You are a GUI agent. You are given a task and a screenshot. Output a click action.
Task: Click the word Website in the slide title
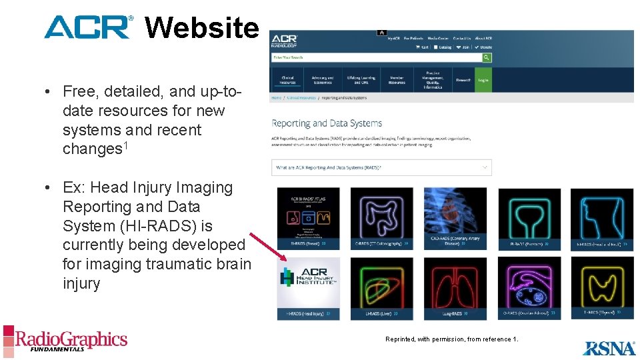(x=201, y=28)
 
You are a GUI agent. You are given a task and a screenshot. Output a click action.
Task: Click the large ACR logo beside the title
(x=89, y=27)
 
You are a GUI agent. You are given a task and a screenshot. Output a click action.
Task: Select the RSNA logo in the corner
(x=609, y=347)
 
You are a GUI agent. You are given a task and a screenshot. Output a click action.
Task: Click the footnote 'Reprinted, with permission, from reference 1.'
(x=451, y=339)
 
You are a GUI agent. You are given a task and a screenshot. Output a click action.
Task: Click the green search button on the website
(x=487, y=57)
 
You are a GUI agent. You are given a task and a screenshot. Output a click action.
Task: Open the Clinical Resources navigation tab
(x=287, y=80)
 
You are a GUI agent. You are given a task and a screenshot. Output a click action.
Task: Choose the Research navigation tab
(x=463, y=80)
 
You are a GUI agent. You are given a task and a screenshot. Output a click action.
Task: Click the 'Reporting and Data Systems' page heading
(x=327, y=123)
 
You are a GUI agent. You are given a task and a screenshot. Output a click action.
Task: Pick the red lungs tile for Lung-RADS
(x=455, y=283)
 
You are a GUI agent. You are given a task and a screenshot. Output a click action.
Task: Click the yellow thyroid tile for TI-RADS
(x=602, y=283)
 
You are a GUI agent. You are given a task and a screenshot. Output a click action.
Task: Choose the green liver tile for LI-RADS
(x=381, y=283)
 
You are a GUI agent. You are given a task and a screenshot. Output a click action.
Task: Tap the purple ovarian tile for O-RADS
(x=529, y=283)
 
